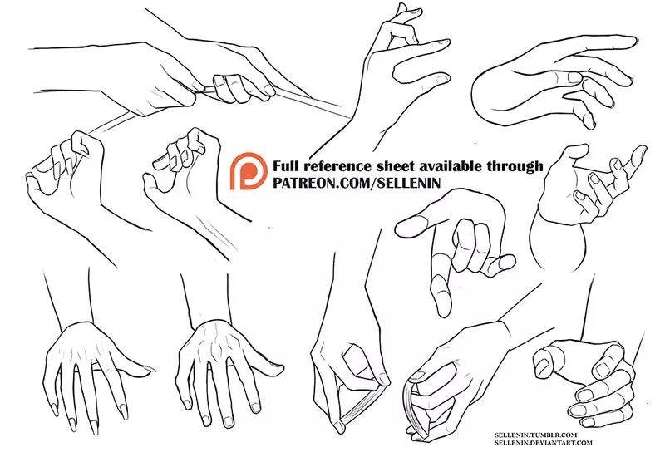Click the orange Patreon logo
click(249, 171)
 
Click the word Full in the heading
click(287, 165)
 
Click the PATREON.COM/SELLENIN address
click(357, 183)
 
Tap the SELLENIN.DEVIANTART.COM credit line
click(543, 442)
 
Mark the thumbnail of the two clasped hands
click(542, 366)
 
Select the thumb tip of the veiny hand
click(279, 365)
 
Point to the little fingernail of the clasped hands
click(588, 422)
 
